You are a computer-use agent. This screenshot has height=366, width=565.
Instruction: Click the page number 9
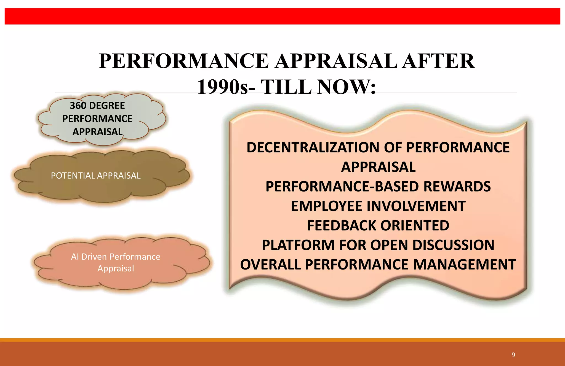513,355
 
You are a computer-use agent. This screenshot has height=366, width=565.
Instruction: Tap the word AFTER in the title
438,61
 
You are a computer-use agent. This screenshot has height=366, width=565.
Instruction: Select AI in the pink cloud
75,257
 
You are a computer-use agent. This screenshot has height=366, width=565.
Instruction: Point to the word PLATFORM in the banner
298,245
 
